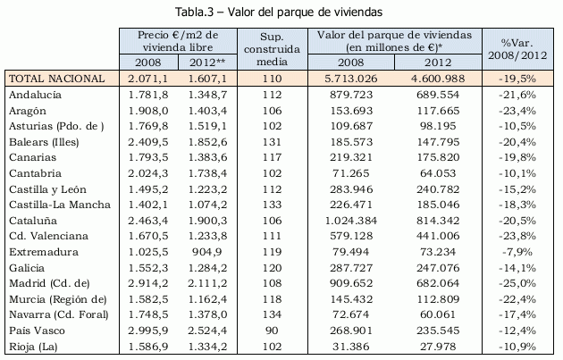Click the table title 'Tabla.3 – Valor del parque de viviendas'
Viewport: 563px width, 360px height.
[280, 12]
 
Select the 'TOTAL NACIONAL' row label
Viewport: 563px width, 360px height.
[51, 79]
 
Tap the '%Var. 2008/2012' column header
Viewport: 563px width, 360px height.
[517, 48]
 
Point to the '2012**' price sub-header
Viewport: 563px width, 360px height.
[206, 63]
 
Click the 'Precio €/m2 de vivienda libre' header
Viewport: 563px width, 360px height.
[179, 40]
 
